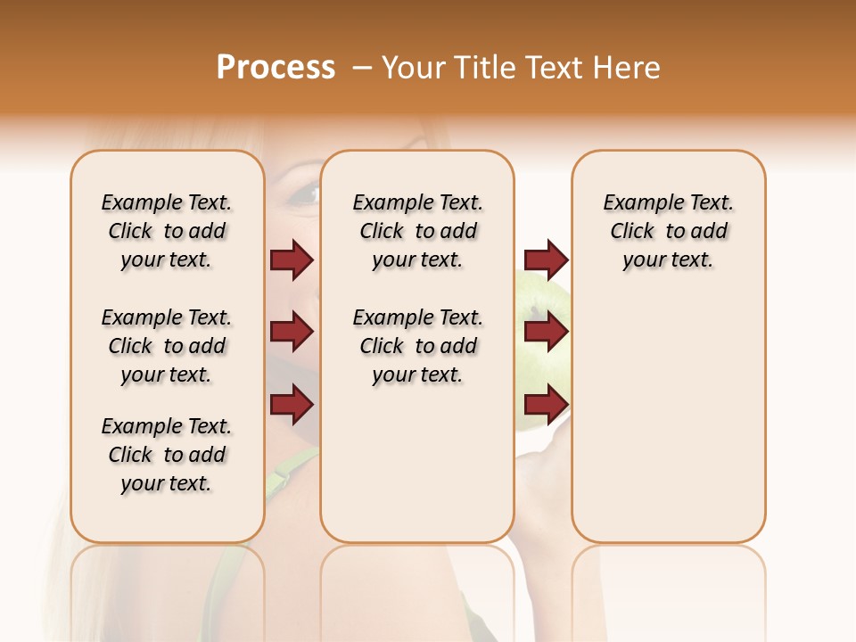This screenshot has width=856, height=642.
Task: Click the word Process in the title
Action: coord(276,68)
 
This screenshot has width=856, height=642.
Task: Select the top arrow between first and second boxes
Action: coord(292,260)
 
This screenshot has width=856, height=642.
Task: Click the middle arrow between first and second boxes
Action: coord(292,333)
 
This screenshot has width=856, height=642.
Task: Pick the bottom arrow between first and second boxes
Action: coord(292,405)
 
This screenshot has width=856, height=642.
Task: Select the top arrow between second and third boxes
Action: coord(546,260)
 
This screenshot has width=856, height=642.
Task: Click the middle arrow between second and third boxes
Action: coord(546,333)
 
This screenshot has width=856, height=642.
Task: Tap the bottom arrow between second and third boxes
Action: coord(546,405)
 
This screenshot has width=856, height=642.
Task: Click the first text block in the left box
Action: coord(167,231)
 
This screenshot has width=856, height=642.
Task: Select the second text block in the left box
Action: coord(167,346)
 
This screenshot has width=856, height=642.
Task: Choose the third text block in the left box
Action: coord(167,455)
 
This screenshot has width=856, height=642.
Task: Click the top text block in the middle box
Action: coord(417,231)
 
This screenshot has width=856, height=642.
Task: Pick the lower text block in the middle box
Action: coord(417,346)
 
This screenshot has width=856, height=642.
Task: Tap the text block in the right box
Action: coord(668,231)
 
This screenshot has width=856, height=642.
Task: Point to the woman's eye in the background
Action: coord(304,192)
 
